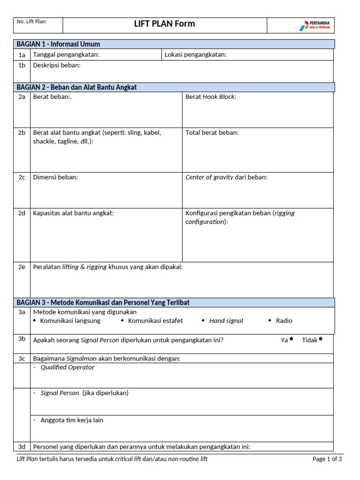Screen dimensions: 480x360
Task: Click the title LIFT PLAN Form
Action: click(164, 24)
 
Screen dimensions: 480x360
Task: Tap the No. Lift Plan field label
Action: click(32, 22)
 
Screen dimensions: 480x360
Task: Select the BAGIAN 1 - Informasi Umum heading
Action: click(58, 44)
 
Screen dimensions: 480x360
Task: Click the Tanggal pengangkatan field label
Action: click(66, 55)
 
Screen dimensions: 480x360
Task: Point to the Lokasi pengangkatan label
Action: click(195, 55)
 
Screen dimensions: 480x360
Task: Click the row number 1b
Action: click(22, 65)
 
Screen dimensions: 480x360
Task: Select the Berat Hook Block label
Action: click(211, 97)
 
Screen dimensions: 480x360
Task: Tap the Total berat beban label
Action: click(212, 133)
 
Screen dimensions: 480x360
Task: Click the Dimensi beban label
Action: click(55, 177)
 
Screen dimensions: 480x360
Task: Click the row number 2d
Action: click(22, 213)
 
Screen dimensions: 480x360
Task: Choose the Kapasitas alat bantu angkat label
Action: click(73, 213)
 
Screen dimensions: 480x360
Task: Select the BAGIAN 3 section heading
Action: click(103, 302)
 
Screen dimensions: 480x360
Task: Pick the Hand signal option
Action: click(226, 321)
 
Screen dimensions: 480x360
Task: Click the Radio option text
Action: click(284, 321)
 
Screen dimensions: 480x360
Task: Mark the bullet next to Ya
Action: click(292, 339)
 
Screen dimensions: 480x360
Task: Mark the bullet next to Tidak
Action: click(321, 339)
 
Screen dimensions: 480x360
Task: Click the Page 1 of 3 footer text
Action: click(327, 459)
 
